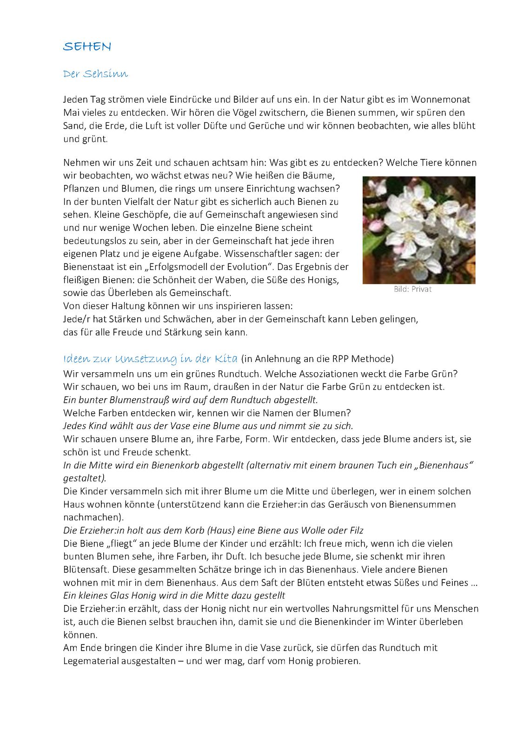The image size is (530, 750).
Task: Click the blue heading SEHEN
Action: (87, 46)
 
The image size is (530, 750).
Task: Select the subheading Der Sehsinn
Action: (95, 74)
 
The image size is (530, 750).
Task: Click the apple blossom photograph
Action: (419, 230)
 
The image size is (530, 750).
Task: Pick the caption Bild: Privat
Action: (413, 289)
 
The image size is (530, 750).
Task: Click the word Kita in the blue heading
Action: (226, 359)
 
